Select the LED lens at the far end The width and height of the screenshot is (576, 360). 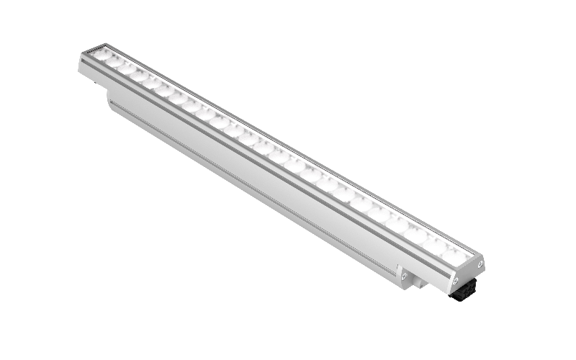click(x=102, y=55)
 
